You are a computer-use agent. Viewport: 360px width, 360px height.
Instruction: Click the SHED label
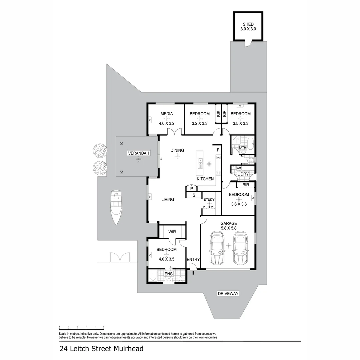pos(248,24)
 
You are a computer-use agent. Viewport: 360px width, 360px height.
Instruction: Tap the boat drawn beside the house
pos(116,207)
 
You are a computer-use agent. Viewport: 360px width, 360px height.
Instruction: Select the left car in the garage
pos(217,248)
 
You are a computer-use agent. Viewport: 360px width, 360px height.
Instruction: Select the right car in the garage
pos(240,248)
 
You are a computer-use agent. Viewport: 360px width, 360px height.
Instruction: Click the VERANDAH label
pos(139,153)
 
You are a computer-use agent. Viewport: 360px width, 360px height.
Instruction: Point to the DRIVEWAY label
pos(228,294)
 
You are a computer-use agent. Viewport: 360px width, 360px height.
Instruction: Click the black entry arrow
pos(194,273)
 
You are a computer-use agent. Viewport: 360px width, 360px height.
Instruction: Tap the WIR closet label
pos(172,231)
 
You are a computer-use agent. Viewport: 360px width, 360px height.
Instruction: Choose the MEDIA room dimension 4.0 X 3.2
pos(167,123)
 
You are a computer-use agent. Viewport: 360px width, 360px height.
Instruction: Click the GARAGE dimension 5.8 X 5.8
pos(228,228)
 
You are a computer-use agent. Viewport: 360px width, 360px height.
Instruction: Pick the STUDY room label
pos(209,200)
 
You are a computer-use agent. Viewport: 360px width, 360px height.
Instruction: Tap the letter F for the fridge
pos(218,150)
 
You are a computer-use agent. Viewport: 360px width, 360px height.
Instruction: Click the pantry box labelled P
pos(191,189)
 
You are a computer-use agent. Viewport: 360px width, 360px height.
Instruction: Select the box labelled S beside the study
pos(194,195)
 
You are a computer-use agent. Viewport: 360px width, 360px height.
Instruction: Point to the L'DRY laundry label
pos(243,174)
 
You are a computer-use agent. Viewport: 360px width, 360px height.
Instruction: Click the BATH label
pos(242,147)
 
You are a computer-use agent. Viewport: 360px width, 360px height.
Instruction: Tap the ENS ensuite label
pos(169,274)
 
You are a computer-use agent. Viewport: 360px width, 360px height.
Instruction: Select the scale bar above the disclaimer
pos(81,327)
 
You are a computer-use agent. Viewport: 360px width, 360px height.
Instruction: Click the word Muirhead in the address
pos(129,349)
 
